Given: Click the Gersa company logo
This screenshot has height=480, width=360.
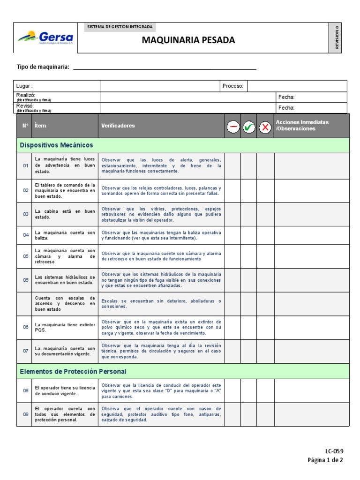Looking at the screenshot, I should click(x=45, y=37).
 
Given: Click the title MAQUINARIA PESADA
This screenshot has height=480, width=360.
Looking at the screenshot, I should click(x=188, y=40).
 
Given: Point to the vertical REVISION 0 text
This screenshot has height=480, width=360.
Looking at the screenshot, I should click(x=337, y=37).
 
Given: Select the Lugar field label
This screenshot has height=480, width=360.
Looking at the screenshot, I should click(x=24, y=86).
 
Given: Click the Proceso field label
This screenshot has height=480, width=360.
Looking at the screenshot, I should click(x=232, y=86).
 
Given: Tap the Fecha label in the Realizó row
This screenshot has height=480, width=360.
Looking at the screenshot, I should click(x=286, y=97).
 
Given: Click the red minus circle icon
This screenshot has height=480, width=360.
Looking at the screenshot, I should click(x=233, y=127).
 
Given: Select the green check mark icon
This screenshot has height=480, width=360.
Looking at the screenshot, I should click(x=249, y=127).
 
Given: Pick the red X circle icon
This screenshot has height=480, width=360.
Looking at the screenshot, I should click(x=265, y=127).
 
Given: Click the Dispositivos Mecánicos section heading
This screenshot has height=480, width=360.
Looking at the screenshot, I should click(x=56, y=145).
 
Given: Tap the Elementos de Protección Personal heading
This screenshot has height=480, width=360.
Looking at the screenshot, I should click(x=73, y=371).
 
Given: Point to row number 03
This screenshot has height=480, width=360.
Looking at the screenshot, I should click(x=26, y=214).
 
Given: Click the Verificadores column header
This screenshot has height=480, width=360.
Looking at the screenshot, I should click(x=118, y=126).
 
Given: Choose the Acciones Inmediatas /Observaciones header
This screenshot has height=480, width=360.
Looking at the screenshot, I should click(x=302, y=125).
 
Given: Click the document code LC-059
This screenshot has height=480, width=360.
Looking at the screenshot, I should click(x=334, y=451).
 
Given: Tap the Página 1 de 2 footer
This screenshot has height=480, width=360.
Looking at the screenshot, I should click(x=325, y=460).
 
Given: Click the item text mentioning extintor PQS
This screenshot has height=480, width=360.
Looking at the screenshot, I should click(x=65, y=327).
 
